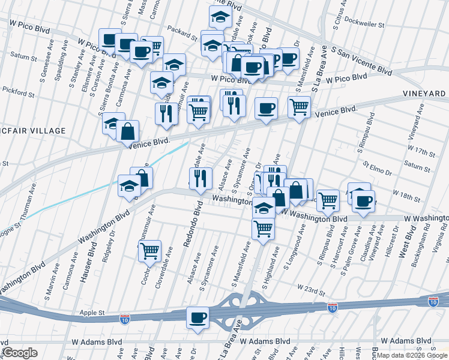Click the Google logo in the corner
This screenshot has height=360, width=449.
click(20, 353)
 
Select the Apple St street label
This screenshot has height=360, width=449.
click(92, 313)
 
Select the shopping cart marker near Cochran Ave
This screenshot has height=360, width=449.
click(149, 251)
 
